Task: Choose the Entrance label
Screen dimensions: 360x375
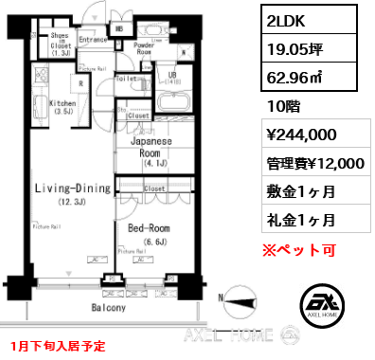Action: pos(93,40)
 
